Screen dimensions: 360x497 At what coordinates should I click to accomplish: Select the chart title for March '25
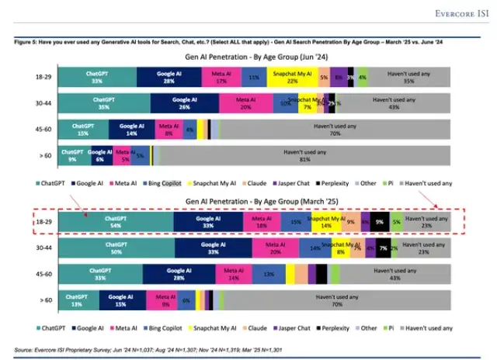[250, 200]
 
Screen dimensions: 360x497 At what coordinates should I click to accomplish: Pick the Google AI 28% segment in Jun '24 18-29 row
[169, 76]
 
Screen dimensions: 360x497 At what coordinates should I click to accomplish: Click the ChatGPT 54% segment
[116, 222]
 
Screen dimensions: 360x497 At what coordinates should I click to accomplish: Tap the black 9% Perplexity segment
[380, 222]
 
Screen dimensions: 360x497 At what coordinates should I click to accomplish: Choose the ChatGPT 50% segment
[116, 248]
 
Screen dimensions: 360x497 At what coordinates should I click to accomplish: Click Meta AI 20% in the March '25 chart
[273, 248]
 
